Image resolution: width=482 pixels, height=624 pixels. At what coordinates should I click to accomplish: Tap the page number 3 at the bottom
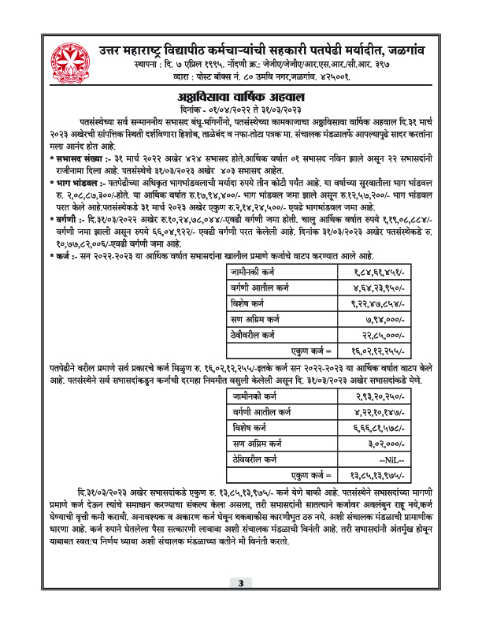(x=240, y=605)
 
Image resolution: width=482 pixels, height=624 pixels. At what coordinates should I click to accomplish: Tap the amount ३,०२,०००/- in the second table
(x=381, y=444)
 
